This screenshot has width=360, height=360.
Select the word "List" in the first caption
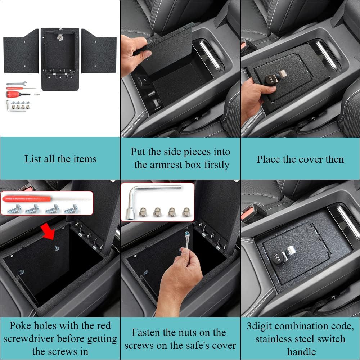[31, 159]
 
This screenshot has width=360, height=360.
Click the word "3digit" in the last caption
[262, 326]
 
